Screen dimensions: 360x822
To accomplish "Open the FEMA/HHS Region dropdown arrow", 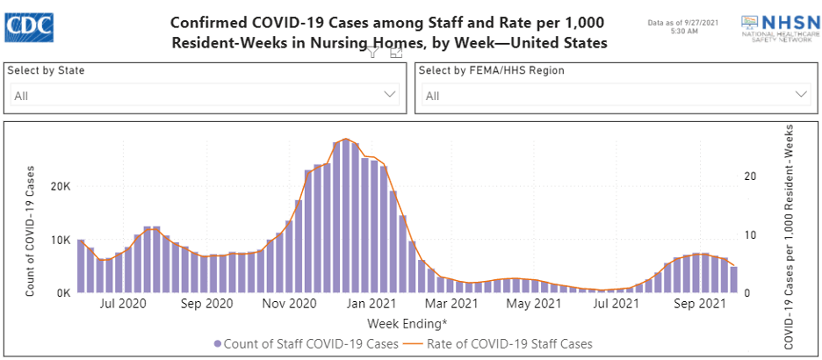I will click(x=801, y=95).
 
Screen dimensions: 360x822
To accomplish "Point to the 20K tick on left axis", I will click(x=60, y=187).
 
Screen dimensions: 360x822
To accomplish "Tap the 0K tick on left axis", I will click(x=61, y=293).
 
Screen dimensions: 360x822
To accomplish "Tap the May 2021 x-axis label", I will click(x=535, y=305).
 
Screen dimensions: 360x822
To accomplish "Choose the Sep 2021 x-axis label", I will click(x=703, y=305).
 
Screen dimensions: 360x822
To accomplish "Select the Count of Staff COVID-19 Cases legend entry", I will click(x=305, y=343).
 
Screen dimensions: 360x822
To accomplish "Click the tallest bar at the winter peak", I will click(x=346, y=216).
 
